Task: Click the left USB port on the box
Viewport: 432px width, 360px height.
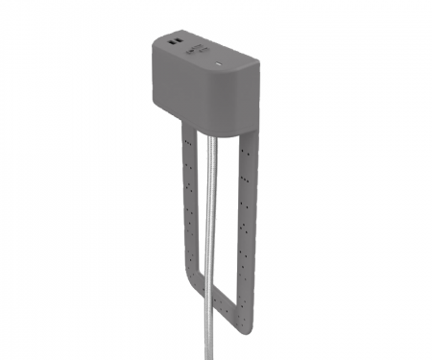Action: pos(170,43)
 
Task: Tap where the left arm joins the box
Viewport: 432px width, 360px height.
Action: pos(182,123)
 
